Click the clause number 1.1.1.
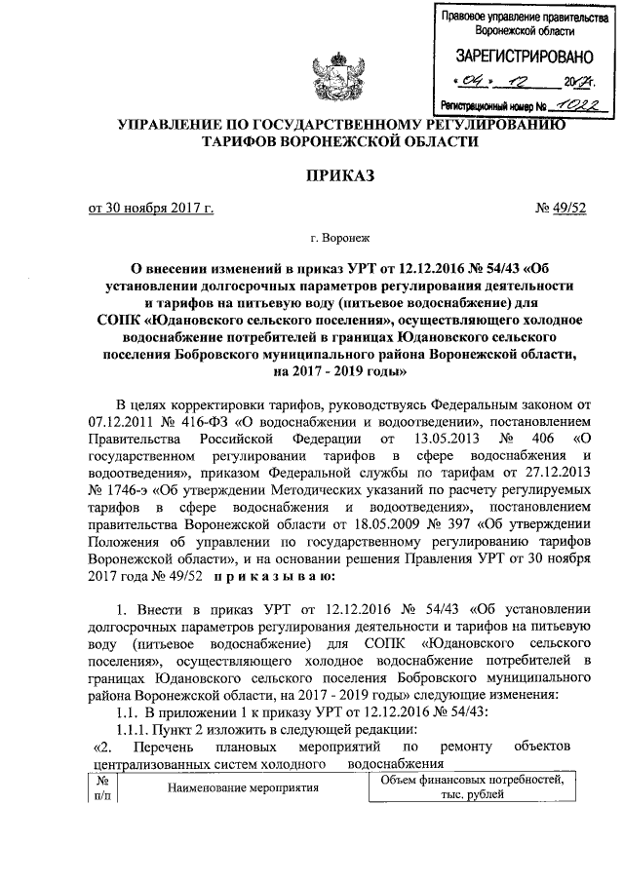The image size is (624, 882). point(134,731)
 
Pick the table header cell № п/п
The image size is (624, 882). point(101,787)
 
